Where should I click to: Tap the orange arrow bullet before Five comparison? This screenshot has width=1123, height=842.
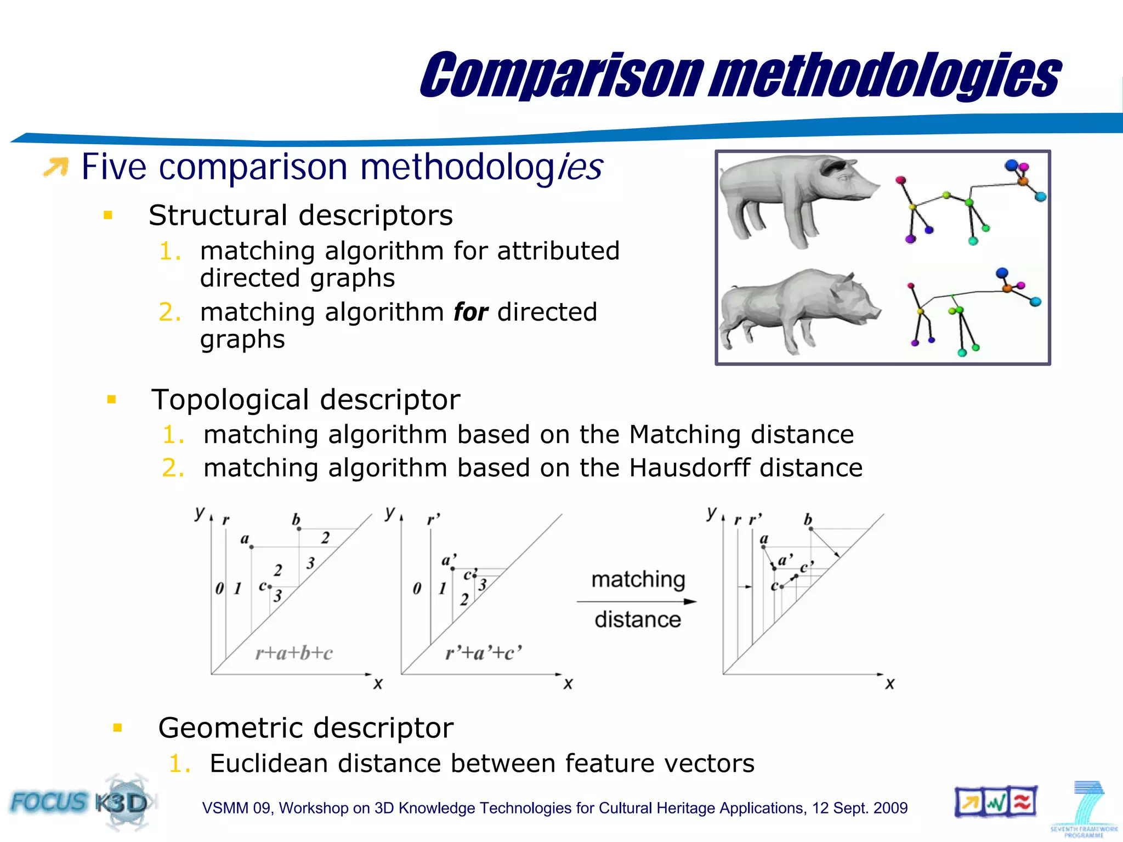coord(56,167)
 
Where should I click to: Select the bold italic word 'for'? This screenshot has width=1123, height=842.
coord(470,312)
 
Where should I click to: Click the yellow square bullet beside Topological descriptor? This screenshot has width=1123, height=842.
coord(112,400)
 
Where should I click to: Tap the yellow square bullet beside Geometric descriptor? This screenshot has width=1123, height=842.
coord(117,728)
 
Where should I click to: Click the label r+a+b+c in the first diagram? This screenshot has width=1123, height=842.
coord(294,653)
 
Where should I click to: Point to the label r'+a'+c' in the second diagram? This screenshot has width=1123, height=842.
coord(483,653)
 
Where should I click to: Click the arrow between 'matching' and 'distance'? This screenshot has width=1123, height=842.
coord(636,601)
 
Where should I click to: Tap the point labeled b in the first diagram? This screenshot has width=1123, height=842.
coord(299,529)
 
